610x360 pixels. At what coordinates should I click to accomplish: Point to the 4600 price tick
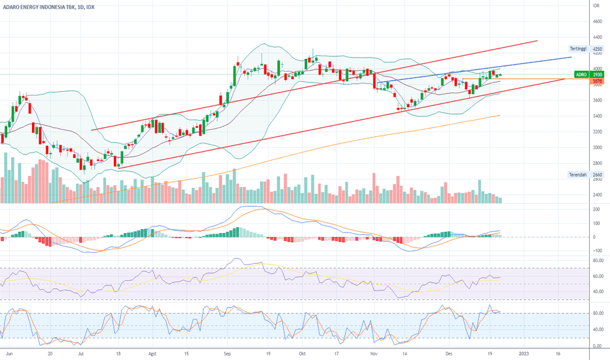[597, 22]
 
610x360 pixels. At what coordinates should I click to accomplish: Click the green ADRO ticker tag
[581, 75]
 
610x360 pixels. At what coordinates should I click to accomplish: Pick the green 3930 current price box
[598, 75]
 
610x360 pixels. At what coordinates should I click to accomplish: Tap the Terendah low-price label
[579, 175]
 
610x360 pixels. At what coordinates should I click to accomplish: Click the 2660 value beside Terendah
[598, 175]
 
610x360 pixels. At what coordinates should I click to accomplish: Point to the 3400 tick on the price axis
[597, 116]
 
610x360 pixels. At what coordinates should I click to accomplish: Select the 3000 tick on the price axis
[597, 147]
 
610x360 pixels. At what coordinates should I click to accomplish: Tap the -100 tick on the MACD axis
[596, 251]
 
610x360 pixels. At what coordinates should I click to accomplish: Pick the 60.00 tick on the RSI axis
[598, 276]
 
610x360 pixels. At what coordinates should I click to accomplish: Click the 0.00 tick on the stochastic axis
[598, 347]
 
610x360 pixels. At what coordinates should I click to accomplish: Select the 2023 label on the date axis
[524, 354]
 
